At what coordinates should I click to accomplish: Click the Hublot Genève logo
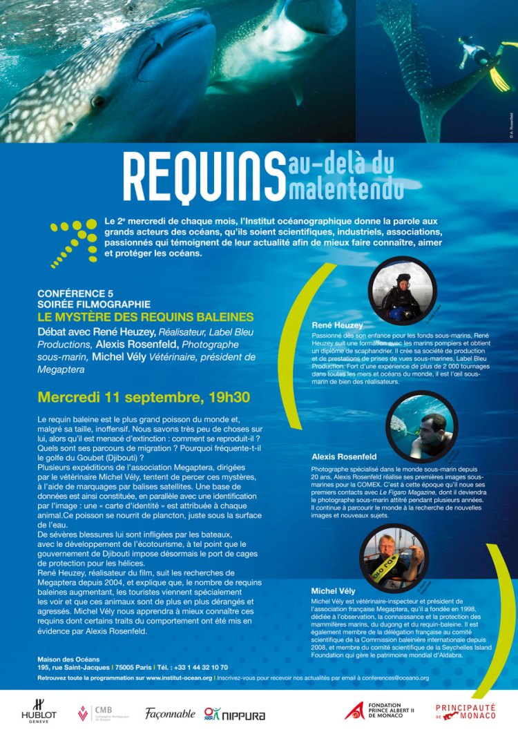coord(39,711)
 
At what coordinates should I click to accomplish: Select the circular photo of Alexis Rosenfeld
coord(421,425)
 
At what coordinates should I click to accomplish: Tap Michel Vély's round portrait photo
coord(392,559)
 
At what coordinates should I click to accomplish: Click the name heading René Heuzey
coord(338,324)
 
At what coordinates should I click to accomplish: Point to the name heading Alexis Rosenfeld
coord(344,456)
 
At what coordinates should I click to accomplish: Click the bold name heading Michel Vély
coord(333,591)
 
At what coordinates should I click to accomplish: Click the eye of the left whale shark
coord(99,102)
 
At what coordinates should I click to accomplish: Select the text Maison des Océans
coord(68,659)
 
